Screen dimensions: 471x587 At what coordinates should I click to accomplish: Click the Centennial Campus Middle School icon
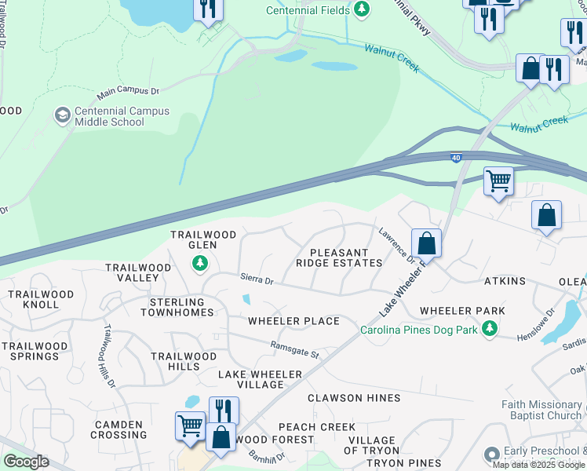coord(62,116)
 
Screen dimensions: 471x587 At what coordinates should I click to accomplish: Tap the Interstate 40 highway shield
coord(457,158)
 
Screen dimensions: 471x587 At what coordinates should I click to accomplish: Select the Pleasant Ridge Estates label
coord(339,258)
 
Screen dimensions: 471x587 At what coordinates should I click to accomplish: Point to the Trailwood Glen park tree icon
coord(201,263)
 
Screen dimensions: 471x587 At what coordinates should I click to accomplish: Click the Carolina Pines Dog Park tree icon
coord(490,329)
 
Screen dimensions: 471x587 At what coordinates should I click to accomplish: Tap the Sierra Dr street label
coord(257,280)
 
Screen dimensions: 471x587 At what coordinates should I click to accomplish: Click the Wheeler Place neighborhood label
coord(293,321)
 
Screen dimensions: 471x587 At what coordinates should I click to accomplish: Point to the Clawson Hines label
coord(354,398)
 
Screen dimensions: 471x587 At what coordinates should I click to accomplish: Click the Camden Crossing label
coord(119,429)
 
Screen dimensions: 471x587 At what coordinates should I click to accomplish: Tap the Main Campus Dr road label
coord(127,93)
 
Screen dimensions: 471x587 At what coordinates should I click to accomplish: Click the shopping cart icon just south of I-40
coord(498,182)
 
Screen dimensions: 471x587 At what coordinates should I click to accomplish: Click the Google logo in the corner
coord(25,462)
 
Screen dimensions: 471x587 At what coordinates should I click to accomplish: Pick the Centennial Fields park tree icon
coord(362,9)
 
